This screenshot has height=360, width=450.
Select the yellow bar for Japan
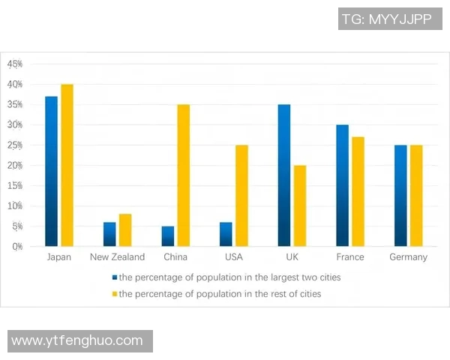pyautogui.click(x=67, y=165)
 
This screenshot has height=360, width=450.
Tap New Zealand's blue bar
pyautogui.click(x=109, y=234)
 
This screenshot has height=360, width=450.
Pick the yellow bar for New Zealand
pyautogui.click(x=125, y=230)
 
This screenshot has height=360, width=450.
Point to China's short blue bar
pyautogui.click(x=167, y=236)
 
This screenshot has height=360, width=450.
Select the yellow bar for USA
pyautogui.click(x=241, y=195)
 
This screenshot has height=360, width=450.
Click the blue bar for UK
pyautogui.click(x=283, y=175)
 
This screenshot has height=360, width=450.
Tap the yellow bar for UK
pyautogui.click(x=300, y=205)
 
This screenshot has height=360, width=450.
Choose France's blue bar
pyautogui.click(x=342, y=185)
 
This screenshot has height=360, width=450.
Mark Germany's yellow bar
pyautogui.click(x=416, y=195)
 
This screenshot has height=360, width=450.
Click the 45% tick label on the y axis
pyautogui.click(x=15, y=64)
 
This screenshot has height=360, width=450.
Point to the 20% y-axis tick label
pyautogui.click(x=15, y=165)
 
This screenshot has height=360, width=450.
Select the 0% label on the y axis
pyautogui.click(x=16, y=246)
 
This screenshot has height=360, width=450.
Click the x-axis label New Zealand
pyautogui.click(x=117, y=257)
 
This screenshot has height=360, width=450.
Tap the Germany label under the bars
pyautogui.click(x=408, y=257)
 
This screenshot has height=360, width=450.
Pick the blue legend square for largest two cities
pyautogui.click(x=114, y=277)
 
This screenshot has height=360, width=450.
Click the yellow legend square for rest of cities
pyautogui.click(x=114, y=294)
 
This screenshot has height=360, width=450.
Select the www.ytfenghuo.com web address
pyautogui.click(x=77, y=340)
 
